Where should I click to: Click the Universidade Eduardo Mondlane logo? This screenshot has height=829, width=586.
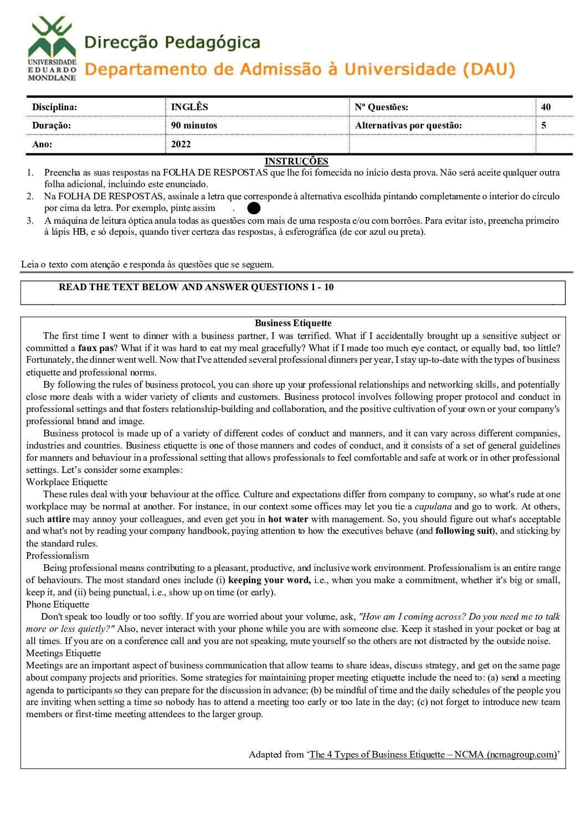coord(52,49)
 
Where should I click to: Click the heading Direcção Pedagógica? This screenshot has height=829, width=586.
coord(172,42)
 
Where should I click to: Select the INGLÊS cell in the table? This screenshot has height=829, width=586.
coord(189,107)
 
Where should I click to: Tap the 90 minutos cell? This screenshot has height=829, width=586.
coord(194,125)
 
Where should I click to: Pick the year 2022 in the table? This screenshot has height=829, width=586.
coord(181,144)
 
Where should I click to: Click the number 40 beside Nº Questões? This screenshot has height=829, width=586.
coord(546,107)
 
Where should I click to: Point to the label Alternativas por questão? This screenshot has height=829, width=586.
coord(408,125)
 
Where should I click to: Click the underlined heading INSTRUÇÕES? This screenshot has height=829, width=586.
coord(296,161)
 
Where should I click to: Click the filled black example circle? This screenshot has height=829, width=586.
coord(254,208)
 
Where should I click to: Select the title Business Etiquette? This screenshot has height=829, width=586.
coord(293,323)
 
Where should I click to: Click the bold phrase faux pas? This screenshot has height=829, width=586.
coord(95,348)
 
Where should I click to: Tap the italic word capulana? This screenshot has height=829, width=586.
coord(433,506)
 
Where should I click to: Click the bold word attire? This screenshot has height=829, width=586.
coord(58,519)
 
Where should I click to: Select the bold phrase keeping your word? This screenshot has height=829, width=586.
coord(269,580)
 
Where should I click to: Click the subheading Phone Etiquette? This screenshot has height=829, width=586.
coord(58,604)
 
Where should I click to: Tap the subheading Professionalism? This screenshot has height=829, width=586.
coord(57,555)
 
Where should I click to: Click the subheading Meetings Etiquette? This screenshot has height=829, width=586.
coord(63,653)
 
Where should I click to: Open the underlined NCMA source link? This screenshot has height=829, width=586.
coord(433,754)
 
